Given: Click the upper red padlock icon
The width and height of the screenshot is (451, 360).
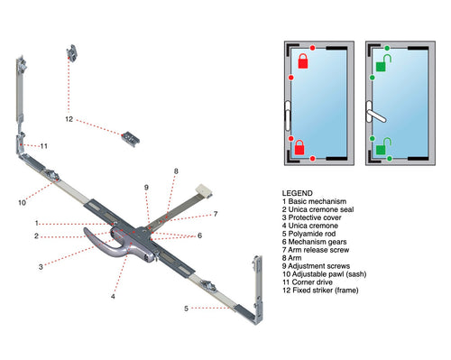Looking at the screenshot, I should (304, 62).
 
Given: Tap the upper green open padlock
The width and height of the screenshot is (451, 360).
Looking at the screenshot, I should (382, 63).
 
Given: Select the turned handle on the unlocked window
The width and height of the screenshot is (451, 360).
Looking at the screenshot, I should (377, 115).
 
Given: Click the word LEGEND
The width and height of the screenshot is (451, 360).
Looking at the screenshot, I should (298, 194).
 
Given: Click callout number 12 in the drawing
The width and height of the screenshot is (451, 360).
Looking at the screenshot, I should (69, 118).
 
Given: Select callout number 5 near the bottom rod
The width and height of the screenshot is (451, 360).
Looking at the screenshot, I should (185, 309).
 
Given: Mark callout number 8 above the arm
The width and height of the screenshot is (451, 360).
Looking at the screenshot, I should (177, 171).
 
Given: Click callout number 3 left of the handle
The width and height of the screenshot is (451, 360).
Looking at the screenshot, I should (41, 267).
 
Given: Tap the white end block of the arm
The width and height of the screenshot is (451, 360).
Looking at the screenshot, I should (205, 191).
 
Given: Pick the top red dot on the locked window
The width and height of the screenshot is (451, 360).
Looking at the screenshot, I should (312, 47).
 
